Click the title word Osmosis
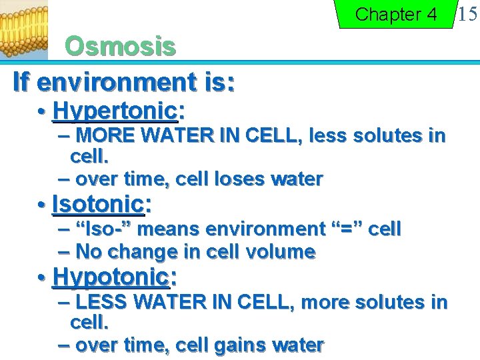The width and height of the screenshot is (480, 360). [120, 47]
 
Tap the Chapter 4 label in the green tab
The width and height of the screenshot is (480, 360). [396, 14]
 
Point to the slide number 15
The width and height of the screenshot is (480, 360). [466, 13]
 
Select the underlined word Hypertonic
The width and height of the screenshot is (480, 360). [114, 109]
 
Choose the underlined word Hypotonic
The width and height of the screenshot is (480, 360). [110, 275]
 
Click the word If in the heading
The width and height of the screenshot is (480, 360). [21, 82]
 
